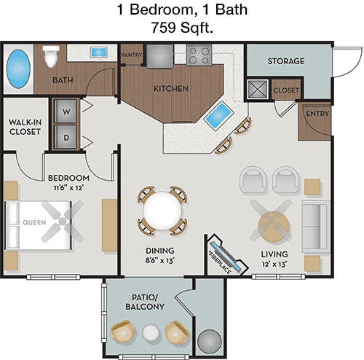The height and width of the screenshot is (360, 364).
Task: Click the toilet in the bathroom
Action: pos(51,56)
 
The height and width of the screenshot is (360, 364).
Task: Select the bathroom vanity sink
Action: pos(98,52)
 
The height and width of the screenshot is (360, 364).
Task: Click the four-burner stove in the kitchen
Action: pos(199,55)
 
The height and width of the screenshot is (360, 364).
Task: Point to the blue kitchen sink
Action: pos(218,115)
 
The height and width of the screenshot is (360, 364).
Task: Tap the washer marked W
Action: pos(66,111)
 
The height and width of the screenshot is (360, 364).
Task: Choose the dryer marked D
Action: pos(66,137)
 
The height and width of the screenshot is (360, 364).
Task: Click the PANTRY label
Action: pos(132,55)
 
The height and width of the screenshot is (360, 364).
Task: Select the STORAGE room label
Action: pos(286,61)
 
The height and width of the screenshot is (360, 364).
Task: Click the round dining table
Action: pos(162,211)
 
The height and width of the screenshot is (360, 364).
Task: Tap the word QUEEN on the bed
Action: pos(34,222)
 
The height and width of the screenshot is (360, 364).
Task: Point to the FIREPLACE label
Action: pos(220,262)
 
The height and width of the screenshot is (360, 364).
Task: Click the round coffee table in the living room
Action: pos(274,227)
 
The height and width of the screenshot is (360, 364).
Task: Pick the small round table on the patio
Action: pos(151,332)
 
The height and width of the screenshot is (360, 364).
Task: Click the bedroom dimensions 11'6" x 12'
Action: pos(68,188)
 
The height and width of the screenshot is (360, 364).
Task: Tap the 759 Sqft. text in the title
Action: pos(182,28)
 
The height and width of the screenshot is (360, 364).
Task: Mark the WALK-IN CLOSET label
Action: pos(25,127)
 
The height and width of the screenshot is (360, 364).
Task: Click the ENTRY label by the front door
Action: pos(317,114)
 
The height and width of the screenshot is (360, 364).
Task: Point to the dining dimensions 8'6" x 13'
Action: pos(160,261)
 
